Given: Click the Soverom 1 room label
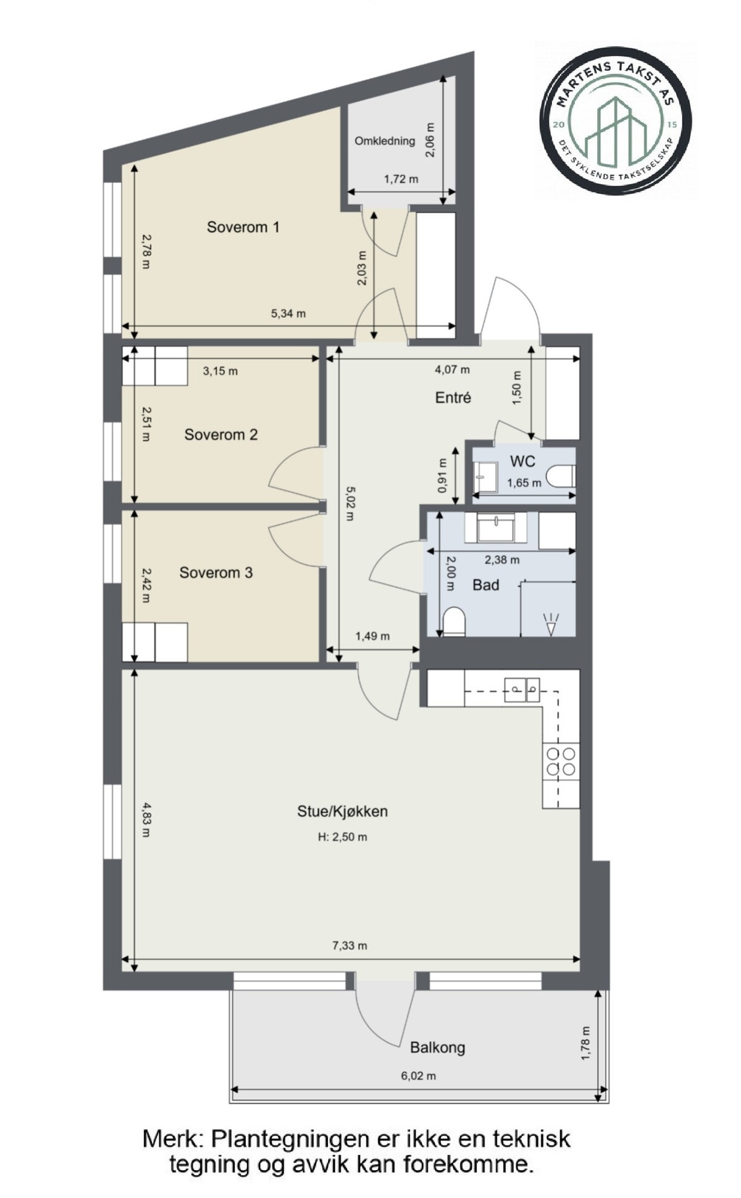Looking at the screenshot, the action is [x=243, y=227].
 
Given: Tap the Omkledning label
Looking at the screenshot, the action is [x=385, y=141].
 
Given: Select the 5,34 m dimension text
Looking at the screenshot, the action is [x=288, y=314].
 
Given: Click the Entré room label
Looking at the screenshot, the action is [x=453, y=397].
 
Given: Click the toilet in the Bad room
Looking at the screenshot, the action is [x=454, y=622].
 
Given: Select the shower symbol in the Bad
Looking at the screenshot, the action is [x=550, y=623].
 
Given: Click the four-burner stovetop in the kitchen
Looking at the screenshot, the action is [x=561, y=762].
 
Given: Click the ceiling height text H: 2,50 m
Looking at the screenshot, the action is [x=343, y=838].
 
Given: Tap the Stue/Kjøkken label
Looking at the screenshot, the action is [x=343, y=811].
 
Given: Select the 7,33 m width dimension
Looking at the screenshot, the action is [x=350, y=946].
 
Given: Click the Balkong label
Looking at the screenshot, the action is [x=438, y=1047].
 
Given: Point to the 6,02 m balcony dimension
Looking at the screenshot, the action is [x=419, y=1076].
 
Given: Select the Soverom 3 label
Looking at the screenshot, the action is [x=216, y=573].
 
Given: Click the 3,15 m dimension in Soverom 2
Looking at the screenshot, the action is [x=220, y=371].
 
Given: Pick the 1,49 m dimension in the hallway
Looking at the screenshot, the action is [x=372, y=636].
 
